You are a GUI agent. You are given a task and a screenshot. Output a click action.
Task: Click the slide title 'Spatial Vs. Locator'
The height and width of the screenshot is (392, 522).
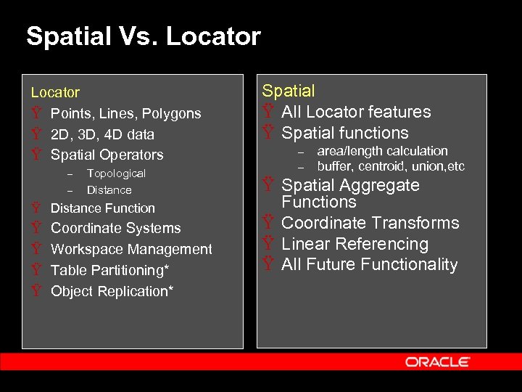143,36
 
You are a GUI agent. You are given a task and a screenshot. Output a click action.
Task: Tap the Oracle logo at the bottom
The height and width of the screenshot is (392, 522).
437,362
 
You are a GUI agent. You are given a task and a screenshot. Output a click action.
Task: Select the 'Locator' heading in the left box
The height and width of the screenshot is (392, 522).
55,92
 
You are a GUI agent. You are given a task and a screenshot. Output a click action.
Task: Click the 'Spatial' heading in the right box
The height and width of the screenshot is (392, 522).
288,91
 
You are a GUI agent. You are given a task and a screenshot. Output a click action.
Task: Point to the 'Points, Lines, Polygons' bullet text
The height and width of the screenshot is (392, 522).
125,113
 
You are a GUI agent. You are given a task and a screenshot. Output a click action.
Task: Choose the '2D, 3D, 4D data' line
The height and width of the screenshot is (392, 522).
102,134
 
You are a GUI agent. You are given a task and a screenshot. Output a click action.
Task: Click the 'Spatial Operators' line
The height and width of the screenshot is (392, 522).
107,155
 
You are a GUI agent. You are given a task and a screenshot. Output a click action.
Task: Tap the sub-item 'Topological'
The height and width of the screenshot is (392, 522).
116,173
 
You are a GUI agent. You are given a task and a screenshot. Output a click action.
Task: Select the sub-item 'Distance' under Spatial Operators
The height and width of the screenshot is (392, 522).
109,190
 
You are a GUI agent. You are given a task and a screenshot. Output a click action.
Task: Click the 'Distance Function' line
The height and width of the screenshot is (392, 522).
102,208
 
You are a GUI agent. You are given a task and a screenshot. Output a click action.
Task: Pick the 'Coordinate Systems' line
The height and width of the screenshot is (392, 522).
115,228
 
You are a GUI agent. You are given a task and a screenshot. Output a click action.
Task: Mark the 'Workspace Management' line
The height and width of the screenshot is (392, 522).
131,249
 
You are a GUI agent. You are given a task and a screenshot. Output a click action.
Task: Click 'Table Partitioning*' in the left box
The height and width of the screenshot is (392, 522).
109,270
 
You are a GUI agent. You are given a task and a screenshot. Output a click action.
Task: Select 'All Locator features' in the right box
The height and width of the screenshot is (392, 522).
356,112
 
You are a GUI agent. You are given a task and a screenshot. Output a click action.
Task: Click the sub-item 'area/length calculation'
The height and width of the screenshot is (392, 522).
382,151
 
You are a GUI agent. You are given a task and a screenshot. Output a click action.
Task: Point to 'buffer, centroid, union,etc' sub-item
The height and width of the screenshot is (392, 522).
390,166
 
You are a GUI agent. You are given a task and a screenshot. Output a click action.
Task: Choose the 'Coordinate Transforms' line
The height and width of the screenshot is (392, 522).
370,223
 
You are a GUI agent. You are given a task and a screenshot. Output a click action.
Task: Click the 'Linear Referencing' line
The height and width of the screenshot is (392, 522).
355,244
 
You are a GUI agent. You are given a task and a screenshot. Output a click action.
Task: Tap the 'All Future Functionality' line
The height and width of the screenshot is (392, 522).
369,265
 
